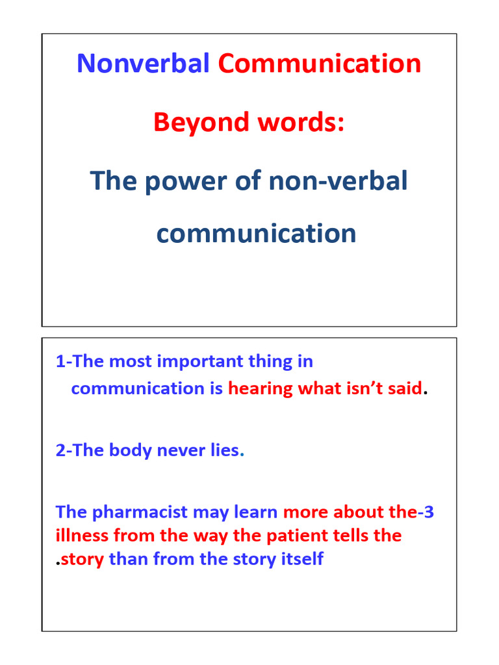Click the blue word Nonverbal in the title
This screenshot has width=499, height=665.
[x=143, y=64]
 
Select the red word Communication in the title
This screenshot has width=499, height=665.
[x=319, y=64]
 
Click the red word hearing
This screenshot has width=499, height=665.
[x=261, y=388]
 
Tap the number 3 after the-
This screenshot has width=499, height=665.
[x=429, y=512]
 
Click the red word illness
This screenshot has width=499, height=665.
[x=82, y=536]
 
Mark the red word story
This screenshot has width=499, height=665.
[x=83, y=559]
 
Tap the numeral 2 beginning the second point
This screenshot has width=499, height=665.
[x=60, y=450]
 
